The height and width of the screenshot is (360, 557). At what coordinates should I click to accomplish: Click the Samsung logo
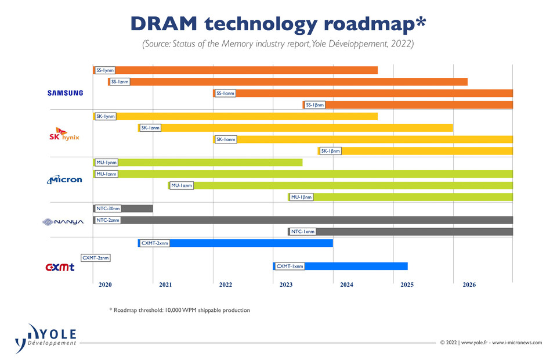point(66,93)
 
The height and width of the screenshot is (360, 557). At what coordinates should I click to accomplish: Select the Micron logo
point(65,179)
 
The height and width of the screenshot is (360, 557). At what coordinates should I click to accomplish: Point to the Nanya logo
point(63,221)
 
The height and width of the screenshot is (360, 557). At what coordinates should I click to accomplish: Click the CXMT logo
point(60,267)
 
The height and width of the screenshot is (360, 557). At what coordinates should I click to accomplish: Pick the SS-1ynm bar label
point(105,70)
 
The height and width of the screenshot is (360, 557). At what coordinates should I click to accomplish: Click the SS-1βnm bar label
point(316,105)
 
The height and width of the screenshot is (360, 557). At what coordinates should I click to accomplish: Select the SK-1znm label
point(150,128)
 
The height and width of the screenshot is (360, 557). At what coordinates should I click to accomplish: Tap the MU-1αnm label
point(182,186)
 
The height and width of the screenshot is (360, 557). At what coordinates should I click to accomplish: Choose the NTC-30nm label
point(108,208)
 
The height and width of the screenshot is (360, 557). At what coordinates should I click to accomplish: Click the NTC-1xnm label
point(303,232)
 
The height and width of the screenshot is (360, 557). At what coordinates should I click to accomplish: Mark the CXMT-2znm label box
point(95,257)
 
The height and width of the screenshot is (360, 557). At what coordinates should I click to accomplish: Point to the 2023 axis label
point(286,285)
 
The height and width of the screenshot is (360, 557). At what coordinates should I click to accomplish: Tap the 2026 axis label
point(469,285)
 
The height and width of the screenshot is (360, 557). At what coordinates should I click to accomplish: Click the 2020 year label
point(105,285)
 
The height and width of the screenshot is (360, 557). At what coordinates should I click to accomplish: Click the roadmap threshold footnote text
point(179,310)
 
